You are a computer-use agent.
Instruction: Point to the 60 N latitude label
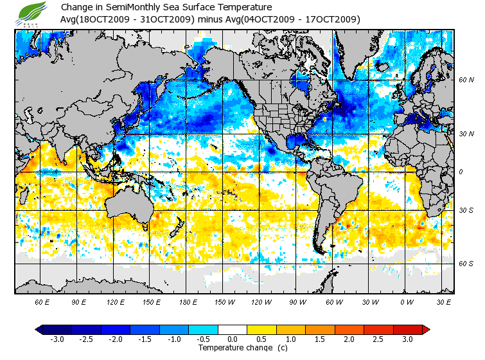pyautogui.click(x=466, y=80)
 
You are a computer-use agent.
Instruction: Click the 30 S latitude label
pyautogui.click(x=466, y=211)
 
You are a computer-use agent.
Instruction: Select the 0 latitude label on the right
pyautogui.click(x=461, y=172)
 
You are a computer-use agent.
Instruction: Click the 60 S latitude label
pyautogui.click(x=466, y=264)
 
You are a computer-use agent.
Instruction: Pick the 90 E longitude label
pyautogui.click(x=78, y=301)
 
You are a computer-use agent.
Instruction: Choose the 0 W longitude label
pyautogui.click(x=407, y=301)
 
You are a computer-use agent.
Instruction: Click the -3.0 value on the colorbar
pyautogui.click(x=57, y=339)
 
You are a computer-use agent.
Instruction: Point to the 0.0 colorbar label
pyautogui.click(x=233, y=339)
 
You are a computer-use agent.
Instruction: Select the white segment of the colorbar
pyautogui.click(x=233, y=329)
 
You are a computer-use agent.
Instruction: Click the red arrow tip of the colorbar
pyautogui.click(x=425, y=329)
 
